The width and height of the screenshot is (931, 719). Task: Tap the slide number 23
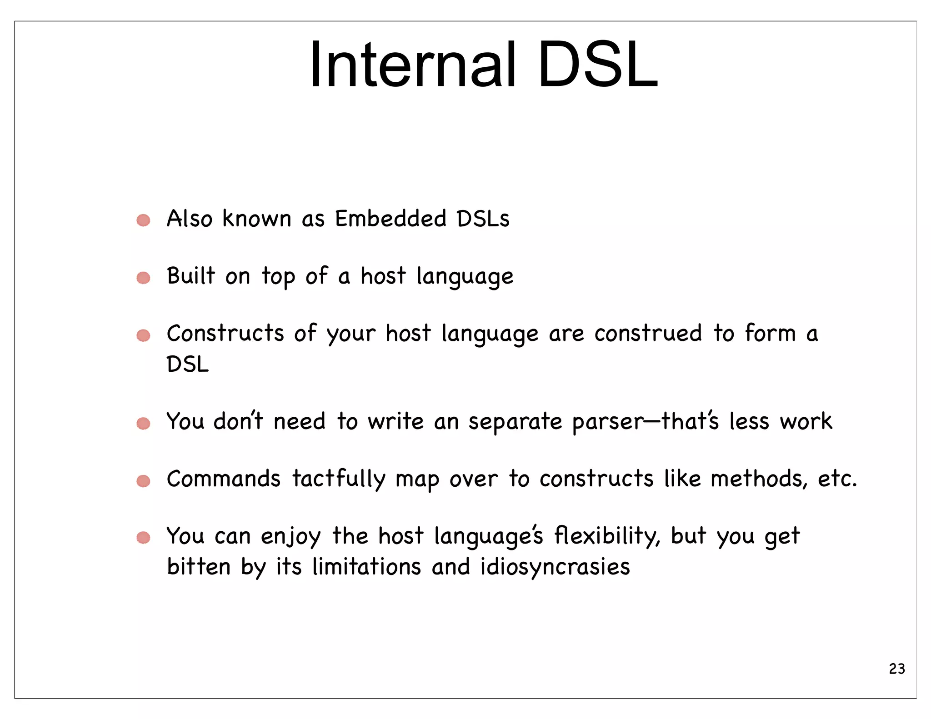(x=896, y=669)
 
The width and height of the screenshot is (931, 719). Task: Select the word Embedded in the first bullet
(x=390, y=219)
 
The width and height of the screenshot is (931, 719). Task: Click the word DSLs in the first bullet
(x=483, y=219)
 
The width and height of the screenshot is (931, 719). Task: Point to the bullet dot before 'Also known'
(x=143, y=220)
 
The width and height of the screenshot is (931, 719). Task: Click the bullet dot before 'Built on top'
(x=143, y=278)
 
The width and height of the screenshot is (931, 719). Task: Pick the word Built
(x=190, y=276)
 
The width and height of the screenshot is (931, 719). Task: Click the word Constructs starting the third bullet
(x=225, y=333)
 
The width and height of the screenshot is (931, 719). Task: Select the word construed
(x=648, y=333)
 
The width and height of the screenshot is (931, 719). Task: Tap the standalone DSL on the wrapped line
(x=187, y=364)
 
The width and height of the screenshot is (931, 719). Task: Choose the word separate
(x=515, y=422)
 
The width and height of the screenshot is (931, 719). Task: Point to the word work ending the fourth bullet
(x=806, y=421)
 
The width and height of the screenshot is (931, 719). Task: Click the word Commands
(x=224, y=479)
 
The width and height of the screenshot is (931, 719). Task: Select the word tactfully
(x=339, y=479)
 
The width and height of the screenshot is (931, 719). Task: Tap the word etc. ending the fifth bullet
(x=837, y=479)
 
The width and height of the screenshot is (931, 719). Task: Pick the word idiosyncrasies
(x=555, y=567)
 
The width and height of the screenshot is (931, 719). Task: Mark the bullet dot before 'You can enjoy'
(x=143, y=538)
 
